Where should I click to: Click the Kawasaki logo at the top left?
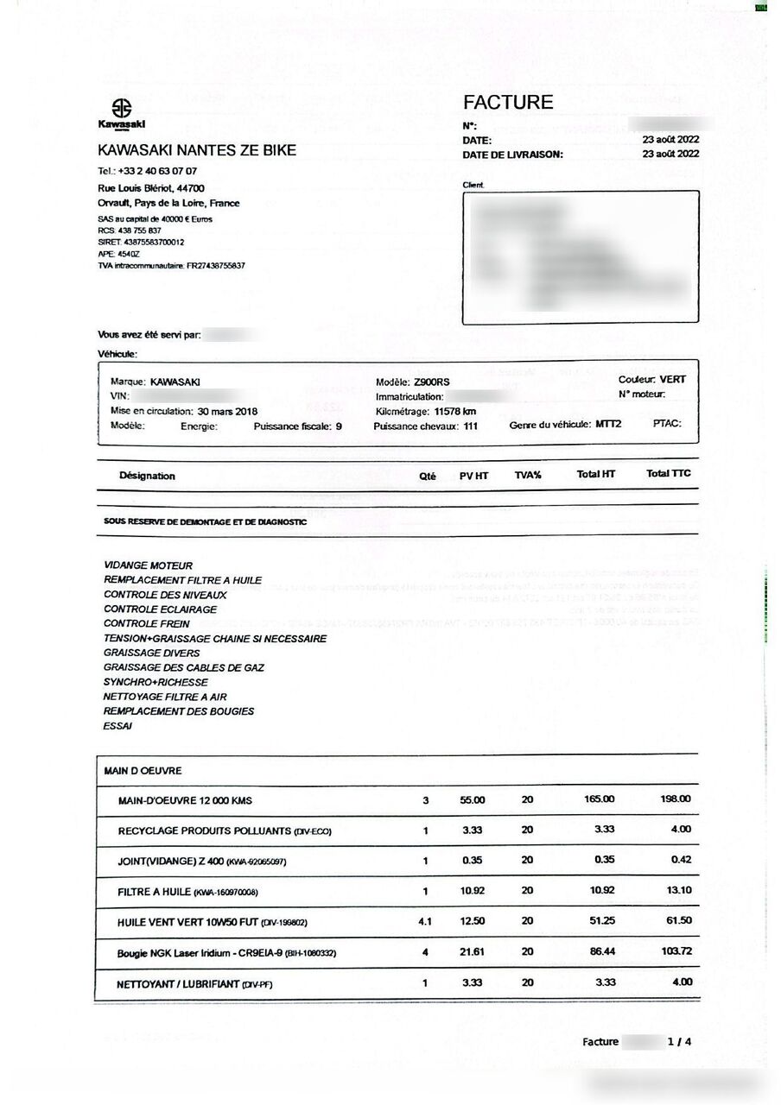click(x=121, y=112)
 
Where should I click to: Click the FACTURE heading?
click(x=508, y=102)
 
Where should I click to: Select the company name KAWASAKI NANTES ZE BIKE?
click(x=197, y=150)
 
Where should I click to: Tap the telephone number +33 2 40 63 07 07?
click(x=157, y=171)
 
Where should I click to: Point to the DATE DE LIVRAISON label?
click(x=513, y=155)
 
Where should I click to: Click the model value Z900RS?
click(x=432, y=382)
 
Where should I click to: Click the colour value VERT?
click(x=673, y=380)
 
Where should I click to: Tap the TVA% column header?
click(x=527, y=476)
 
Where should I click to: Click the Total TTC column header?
click(x=669, y=473)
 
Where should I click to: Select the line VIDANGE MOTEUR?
click(x=148, y=565)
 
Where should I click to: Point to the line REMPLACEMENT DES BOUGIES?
click(x=179, y=711)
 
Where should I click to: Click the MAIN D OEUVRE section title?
click(x=143, y=770)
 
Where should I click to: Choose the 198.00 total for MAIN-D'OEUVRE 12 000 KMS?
click(x=676, y=799)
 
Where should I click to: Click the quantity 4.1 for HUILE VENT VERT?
click(x=425, y=921)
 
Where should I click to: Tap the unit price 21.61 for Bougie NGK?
click(x=473, y=951)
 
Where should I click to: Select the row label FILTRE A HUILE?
click(x=155, y=891)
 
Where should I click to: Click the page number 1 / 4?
click(x=679, y=1042)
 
